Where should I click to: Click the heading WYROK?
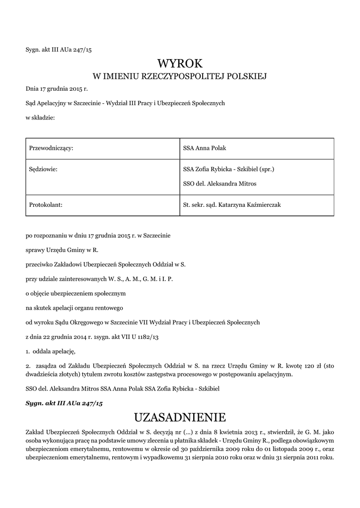pos(180,63)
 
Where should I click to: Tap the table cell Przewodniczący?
pos(52,148)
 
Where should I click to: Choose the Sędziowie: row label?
pos(44,169)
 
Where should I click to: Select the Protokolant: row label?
pos(46,204)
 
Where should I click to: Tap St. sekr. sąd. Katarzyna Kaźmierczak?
pos(232,204)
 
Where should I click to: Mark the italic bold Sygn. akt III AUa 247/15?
pos(64,404)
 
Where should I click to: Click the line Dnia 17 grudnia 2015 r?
pos(57,90)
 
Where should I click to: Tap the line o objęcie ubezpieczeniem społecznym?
pos(76,293)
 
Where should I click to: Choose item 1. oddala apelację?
pos(51,352)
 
